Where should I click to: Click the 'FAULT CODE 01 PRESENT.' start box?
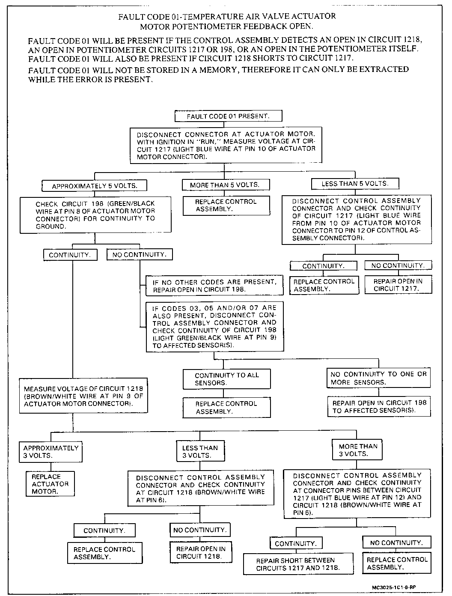pos(229,116)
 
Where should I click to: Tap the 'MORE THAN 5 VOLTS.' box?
pos(225,185)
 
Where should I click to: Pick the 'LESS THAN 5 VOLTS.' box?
pos(355,184)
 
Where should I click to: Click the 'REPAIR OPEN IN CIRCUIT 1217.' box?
pos(398,285)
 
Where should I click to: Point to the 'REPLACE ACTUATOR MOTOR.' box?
pos(50,484)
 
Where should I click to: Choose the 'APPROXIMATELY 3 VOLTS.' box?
pos(51,451)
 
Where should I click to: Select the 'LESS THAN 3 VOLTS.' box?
pos(200,451)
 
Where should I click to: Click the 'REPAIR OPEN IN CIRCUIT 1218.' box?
pos(201,552)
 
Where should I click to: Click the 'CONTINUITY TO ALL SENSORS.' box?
pos(227,379)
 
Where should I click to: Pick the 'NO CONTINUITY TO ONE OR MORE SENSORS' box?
pos(378,378)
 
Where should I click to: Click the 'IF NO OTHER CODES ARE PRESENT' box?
pos(214,286)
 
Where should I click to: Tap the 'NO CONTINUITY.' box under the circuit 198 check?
pos(139,255)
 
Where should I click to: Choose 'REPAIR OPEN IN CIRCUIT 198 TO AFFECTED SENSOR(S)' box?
pos(379,406)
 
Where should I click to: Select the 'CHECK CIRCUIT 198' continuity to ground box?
pos(95,215)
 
